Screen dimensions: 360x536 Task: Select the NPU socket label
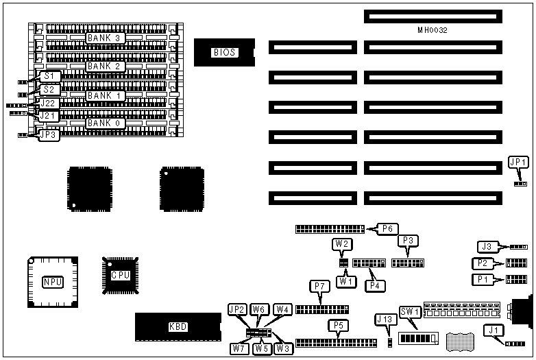pos(52,282)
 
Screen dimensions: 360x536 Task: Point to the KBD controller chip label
pos(178,327)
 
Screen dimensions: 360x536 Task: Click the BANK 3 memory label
pos(104,38)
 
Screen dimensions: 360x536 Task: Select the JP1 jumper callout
pos(518,163)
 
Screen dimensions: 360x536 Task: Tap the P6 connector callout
pos(387,228)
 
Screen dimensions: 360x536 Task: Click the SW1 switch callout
pos(410,312)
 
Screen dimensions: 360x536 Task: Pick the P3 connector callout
pos(409,241)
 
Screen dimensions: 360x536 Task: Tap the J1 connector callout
pos(494,331)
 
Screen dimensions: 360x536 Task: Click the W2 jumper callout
pos(343,243)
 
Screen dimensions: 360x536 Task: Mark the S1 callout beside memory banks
pos(48,76)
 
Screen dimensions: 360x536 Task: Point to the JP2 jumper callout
pos(237,309)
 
